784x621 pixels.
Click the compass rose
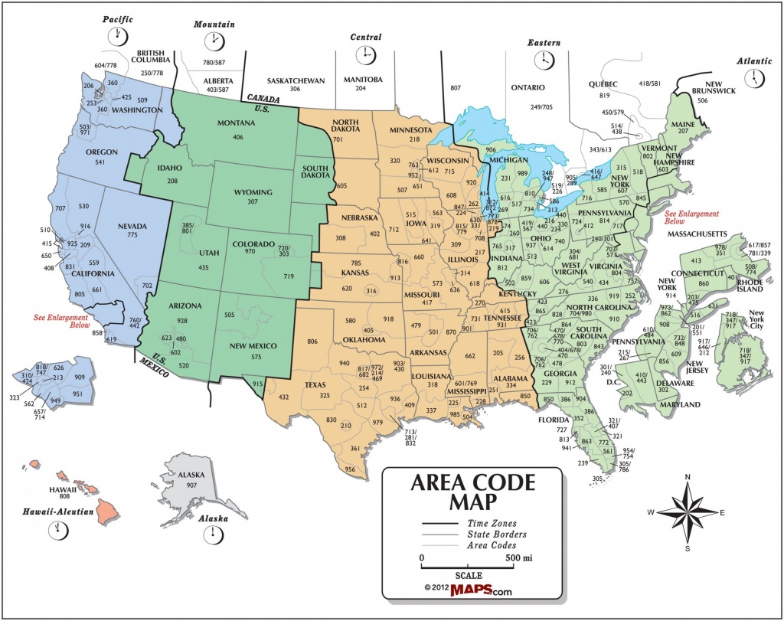pos(688,512)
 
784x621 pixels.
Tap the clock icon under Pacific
pos(119,35)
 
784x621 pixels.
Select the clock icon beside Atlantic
pos(756,77)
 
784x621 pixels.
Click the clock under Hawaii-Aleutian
pos(57,529)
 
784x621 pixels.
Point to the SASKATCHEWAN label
pos(296,80)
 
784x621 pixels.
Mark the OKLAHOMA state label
pos(365,339)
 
